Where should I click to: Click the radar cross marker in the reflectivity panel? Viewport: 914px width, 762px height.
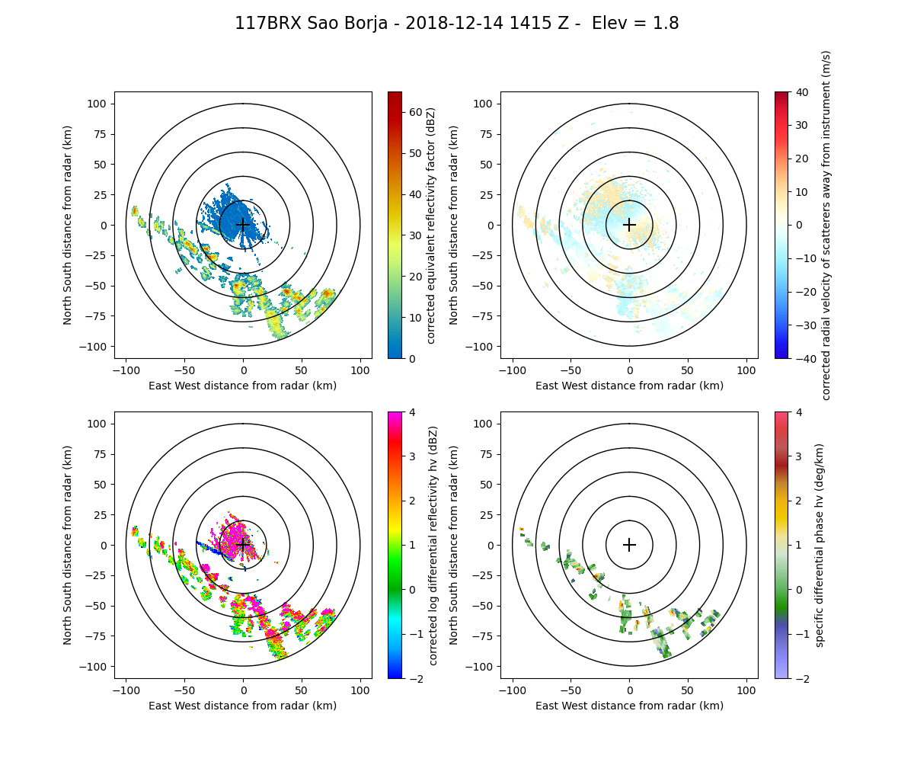coord(243,225)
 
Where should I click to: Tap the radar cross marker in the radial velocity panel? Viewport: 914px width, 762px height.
coord(629,225)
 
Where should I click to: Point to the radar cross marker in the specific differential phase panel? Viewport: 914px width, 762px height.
coord(629,545)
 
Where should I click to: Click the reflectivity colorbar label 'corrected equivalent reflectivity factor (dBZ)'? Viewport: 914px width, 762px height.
coord(431,225)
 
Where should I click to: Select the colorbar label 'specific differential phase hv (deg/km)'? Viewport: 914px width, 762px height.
coord(820,545)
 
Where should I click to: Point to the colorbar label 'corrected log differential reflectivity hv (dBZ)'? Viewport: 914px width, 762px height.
coord(433,545)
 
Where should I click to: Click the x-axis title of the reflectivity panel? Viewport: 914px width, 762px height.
coord(243,386)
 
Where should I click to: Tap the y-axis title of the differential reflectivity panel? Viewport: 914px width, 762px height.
coord(68,545)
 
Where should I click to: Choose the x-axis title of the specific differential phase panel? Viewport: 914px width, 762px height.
coord(629,706)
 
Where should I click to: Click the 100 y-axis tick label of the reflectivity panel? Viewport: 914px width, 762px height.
coord(100,104)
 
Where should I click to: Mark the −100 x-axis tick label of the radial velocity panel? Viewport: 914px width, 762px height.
coord(513,370)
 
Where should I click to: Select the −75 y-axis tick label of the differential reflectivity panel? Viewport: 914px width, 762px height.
coord(100,636)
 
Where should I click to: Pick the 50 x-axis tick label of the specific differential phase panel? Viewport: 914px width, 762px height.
coord(688,690)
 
